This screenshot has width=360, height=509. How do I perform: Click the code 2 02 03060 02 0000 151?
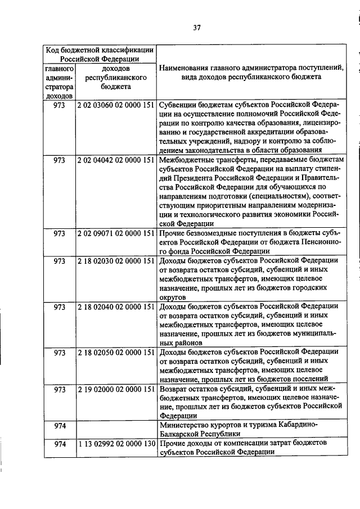tap(116, 105)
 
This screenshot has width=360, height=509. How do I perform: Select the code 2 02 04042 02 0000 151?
tap(116, 160)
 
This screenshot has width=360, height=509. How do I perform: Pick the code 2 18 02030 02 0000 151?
tap(116, 260)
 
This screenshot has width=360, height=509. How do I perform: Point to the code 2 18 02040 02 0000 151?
tap(116, 307)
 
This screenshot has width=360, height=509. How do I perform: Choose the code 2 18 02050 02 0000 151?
tap(116, 353)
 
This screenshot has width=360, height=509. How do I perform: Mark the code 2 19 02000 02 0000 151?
tap(116, 389)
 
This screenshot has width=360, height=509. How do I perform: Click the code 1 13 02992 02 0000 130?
tap(116, 444)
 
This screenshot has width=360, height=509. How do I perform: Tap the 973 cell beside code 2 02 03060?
tap(60, 105)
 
